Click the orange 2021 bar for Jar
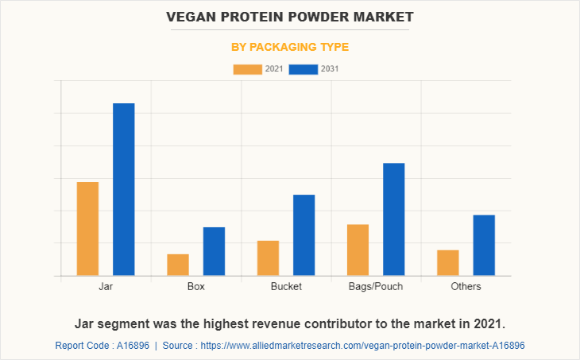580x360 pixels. tap(87, 229)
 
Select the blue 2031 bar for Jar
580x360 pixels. tap(123, 189)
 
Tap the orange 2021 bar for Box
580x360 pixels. tap(178, 265)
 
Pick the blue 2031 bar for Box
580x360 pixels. tap(214, 251)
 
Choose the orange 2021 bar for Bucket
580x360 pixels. tap(268, 258)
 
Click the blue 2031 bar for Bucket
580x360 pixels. tap(304, 235)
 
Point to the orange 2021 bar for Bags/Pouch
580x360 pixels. tap(358, 250)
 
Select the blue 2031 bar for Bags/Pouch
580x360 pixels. tap(393, 219)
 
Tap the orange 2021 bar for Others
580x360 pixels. tap(448, 263)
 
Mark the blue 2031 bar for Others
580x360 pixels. tap(484, 246)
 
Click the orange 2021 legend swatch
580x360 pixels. tap(247, 69)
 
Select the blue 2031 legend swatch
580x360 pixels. tap(304, 69)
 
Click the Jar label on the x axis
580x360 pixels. tap(106, 286)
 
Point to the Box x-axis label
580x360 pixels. tap(195, 286)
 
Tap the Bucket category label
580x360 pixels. tap(286, 286)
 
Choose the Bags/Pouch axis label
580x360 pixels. tap(376, 286)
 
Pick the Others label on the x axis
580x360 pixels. tap(466, 286)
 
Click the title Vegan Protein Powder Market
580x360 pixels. tap(290, 16)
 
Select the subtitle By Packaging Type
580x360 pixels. tap(290, 47)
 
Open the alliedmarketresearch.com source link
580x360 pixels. tap(362, 346)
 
